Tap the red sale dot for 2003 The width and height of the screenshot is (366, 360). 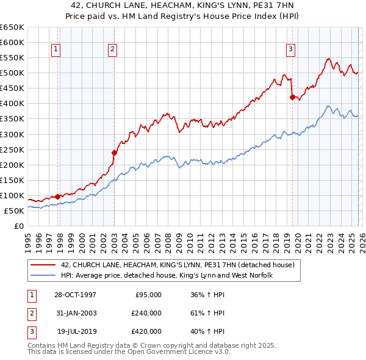pos(114,153)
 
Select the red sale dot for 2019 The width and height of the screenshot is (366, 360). pos(292,97)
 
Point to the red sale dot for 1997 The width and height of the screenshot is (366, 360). pos(58,196)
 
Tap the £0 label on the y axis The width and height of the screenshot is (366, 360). pos(18,226)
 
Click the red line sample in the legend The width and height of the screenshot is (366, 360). pos(44,265)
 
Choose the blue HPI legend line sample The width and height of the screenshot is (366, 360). pos(44,275)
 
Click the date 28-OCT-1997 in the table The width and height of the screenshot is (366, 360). pos(75,294)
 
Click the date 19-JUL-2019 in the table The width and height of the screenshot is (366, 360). pos(76,332)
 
